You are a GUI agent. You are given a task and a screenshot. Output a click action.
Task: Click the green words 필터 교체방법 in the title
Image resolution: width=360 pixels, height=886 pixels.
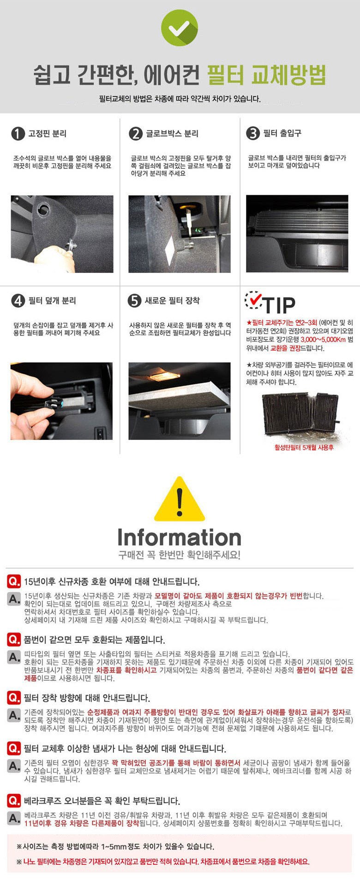(x=266, y=74)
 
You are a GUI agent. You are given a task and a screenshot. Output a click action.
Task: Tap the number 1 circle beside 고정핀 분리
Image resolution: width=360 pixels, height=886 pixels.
(x=18, y=134)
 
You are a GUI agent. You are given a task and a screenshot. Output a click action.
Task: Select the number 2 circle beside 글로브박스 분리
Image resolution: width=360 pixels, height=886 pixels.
(x=136, y=134)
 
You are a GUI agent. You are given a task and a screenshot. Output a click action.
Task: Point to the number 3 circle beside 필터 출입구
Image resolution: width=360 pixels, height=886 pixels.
(x=253, y=133)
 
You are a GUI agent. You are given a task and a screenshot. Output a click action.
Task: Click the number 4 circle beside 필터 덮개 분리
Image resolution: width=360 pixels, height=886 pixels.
(x=18, y=301)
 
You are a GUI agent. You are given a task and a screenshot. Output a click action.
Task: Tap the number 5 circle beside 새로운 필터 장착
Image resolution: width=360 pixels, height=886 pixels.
(x=134, y=301)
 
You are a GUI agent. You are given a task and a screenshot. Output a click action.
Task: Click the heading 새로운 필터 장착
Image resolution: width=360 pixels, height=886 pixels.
(x=172, y=301)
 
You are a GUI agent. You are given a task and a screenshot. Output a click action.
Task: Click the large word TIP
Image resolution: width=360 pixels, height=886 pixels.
(x=279, y=305)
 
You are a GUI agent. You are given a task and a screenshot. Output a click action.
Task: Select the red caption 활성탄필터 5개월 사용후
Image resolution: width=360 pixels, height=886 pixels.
(x=304, y=447)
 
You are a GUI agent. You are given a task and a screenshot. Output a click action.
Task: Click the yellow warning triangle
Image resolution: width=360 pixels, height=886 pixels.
(x=180, y=499)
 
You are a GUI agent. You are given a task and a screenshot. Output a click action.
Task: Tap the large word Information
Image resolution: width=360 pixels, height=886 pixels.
(x=180, y=538)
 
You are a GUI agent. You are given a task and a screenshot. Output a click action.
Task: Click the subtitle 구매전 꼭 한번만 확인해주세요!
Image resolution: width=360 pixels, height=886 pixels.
(x=180, y=555)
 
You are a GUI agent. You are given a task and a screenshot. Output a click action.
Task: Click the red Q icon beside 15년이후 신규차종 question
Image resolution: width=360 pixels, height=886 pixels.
(x=14, y=581)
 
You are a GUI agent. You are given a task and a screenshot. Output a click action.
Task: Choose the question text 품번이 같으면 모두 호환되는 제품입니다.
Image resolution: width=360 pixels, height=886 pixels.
(x=94, y=640)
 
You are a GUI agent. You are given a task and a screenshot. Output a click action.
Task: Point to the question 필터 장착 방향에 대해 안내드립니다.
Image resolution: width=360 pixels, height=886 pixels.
(x=87, y=698)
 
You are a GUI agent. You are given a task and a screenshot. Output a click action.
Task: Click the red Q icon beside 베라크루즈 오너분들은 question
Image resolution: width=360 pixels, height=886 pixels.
(x=14, y=801)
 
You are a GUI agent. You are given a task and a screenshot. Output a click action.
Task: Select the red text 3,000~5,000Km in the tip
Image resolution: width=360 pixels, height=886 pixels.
(x=323, y=340)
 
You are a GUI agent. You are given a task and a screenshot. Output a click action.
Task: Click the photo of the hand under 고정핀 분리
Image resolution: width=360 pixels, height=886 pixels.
(x=62, y=234)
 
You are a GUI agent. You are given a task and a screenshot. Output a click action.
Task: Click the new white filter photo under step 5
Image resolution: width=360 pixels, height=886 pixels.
(x=180, y=401)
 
